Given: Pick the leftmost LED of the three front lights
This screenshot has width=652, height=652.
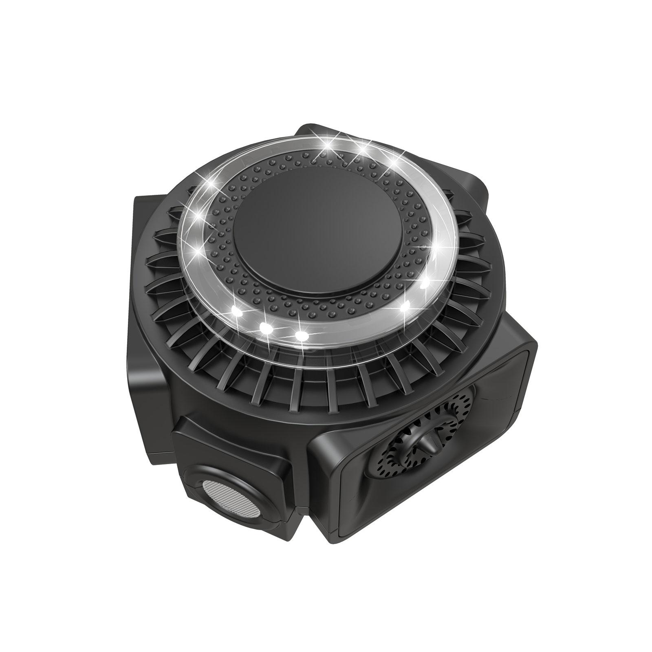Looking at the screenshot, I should (235, 311).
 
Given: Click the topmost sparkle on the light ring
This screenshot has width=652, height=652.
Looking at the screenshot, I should (328, 143).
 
